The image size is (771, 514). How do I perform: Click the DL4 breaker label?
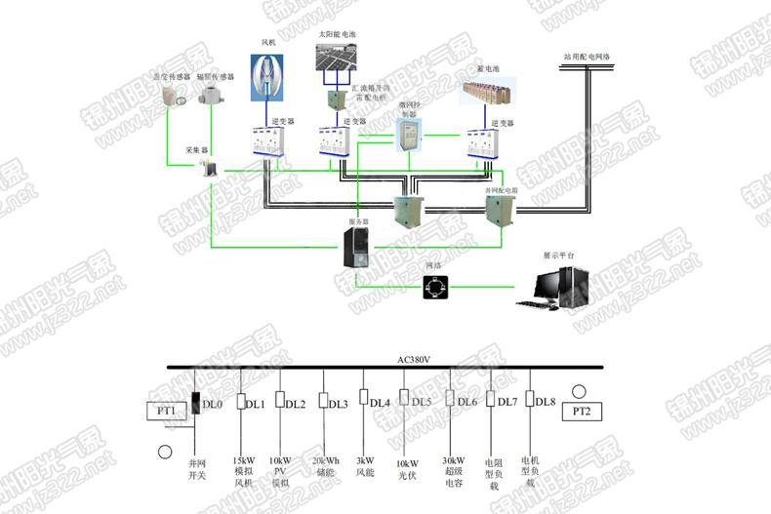pos(380,402)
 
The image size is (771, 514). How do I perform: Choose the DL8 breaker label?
pos(546,402)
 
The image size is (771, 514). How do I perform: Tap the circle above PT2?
pos(580,388)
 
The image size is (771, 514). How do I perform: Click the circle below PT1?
pos(164,451)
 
